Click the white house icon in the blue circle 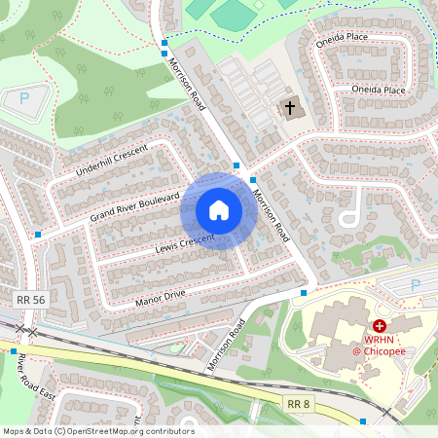click(219, 209)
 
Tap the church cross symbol click(289, 108)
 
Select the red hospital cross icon click(379, 327)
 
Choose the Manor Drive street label click(160, 294)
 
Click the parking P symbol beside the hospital click(417, 284)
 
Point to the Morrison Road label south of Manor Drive click(222, 346)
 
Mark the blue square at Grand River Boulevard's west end click(38, 235)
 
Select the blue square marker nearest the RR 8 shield click(363, 420)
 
